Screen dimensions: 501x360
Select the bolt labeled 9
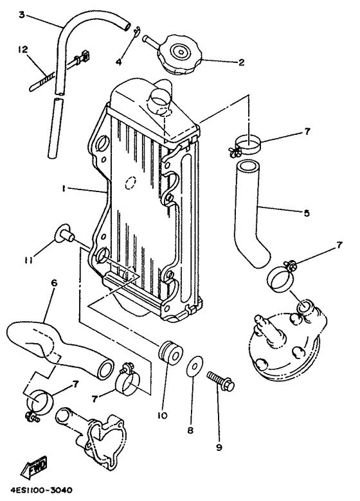(220, 384)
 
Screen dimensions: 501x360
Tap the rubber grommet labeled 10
(168, 353)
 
